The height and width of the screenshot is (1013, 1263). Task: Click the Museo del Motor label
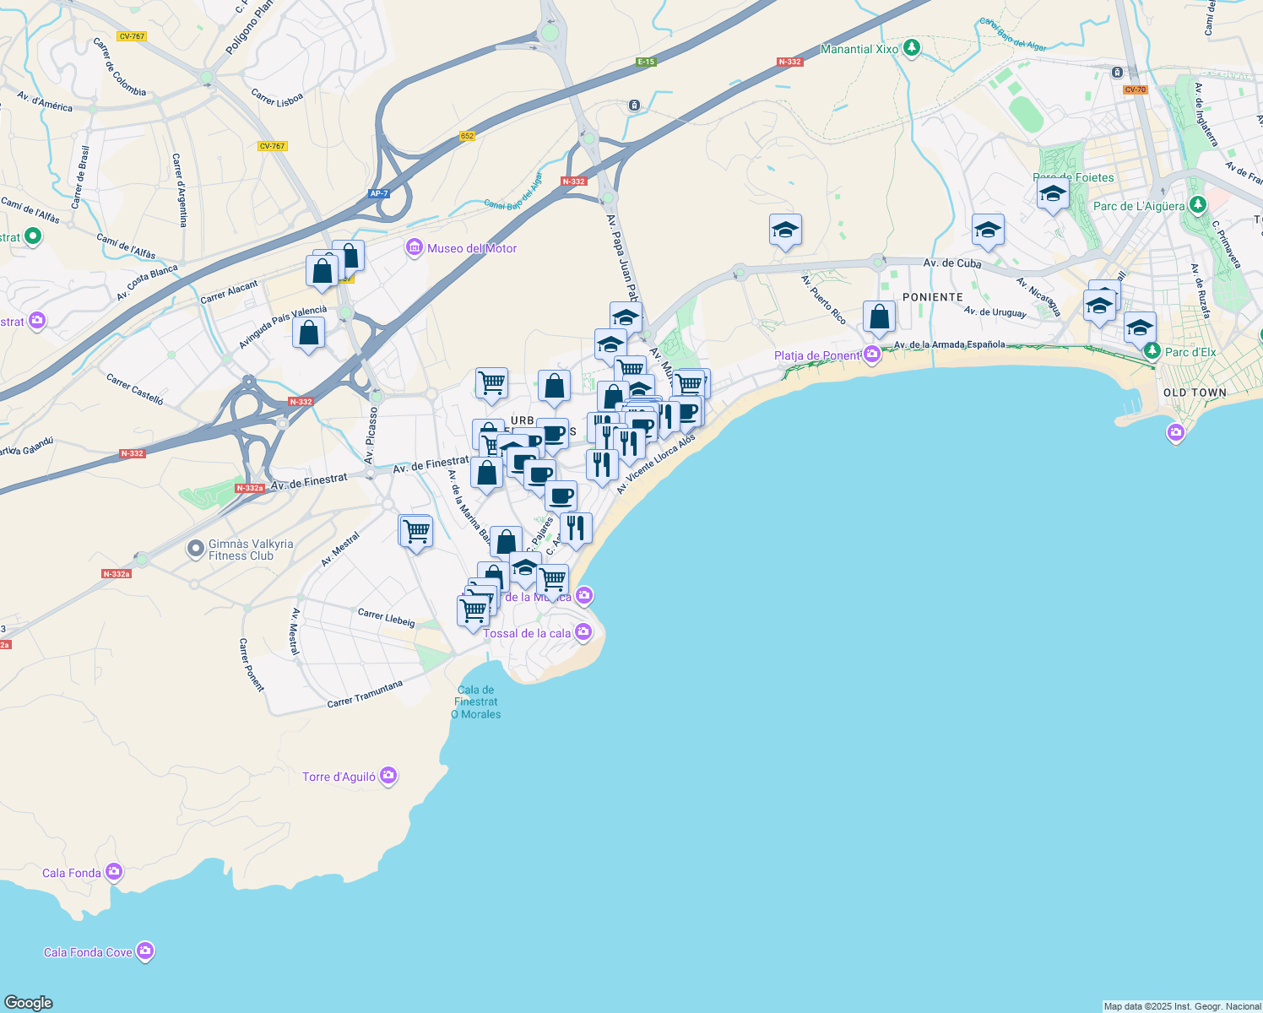472,248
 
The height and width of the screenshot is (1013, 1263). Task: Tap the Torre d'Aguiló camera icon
388,775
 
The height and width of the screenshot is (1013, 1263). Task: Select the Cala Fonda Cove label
88,952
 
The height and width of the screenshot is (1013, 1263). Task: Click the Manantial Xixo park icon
911,48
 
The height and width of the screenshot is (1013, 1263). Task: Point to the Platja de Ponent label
816,355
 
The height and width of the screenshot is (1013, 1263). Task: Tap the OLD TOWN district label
1195,393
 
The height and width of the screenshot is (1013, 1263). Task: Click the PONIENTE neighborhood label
933,297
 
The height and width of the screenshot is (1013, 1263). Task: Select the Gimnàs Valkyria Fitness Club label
251,550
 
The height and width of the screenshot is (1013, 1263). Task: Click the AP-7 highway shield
379,193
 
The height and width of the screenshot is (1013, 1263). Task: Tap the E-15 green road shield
646,62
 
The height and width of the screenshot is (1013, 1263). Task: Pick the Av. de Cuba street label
952,263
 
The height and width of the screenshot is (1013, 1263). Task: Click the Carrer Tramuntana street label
365,694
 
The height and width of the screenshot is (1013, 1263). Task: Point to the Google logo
29,1002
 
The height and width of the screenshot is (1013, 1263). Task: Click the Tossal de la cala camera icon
583,631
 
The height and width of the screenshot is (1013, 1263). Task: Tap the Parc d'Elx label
1190,352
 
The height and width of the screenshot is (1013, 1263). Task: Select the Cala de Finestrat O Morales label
476,702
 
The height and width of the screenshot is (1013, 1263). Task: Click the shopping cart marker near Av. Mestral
415,533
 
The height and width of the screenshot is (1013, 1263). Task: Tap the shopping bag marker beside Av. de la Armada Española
879,318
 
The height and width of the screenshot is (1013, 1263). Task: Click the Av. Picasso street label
370,436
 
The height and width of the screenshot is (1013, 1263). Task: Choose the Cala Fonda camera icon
114,872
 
